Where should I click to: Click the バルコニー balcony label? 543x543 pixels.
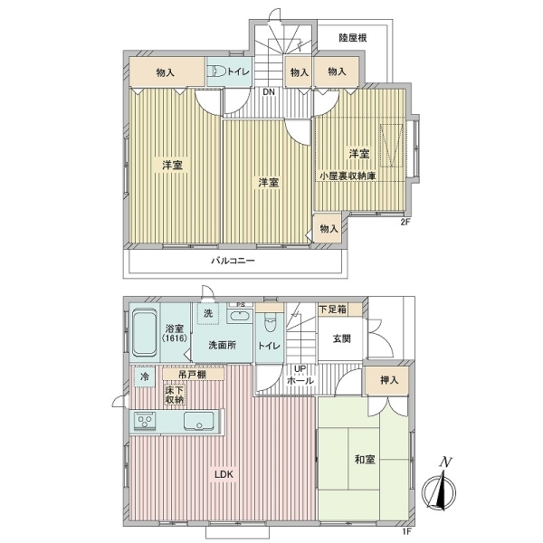tap(233, 261)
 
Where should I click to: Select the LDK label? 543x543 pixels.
tap(224, 473)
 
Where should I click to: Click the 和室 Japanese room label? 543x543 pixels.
tap(366, 460)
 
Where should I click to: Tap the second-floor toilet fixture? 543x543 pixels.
tap(216, 71)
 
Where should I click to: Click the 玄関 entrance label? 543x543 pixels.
tap(341, 339)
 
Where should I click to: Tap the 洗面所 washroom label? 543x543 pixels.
tap(223, 345)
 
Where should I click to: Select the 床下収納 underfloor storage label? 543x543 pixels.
tap(175, 395)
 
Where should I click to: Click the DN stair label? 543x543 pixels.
tap(269, 92)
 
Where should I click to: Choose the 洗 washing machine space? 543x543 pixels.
tap(207, 314)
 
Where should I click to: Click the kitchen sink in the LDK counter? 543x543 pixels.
tap(199, 422)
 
